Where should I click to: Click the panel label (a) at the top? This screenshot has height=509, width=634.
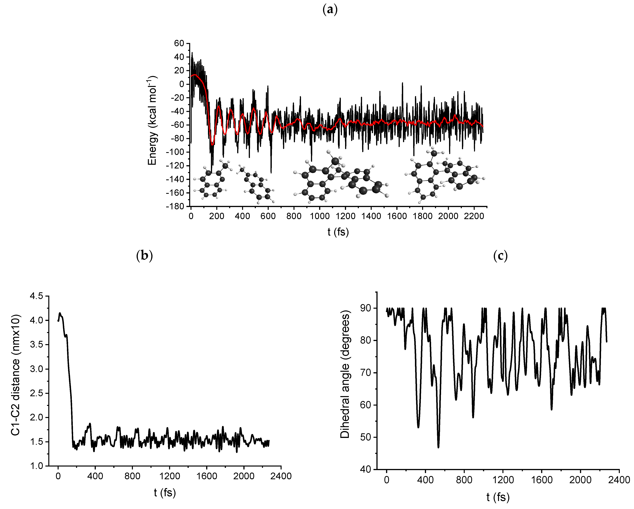(x=330, y=10)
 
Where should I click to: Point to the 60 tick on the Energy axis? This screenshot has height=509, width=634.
(x=179, y=43)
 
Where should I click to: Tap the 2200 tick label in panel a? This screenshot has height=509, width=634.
(x=474, y=216)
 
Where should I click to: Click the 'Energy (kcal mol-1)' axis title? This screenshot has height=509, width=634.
(x=152, y=121)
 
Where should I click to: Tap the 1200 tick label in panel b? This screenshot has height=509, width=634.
(x=170, y=476)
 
